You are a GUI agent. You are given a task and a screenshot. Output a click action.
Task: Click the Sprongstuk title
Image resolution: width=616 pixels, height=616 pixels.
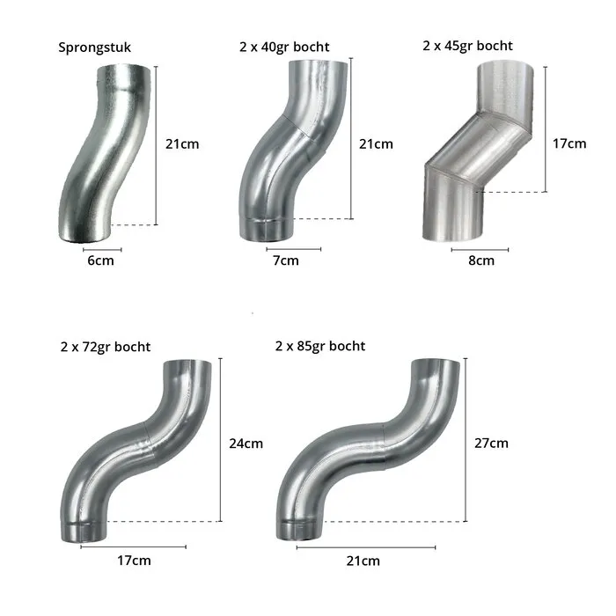click(x=94, y=48)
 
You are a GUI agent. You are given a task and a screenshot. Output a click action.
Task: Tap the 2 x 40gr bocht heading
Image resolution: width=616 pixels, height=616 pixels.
click(x=284, y=47)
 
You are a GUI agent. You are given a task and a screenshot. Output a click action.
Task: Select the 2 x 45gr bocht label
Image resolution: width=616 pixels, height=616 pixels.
click(x=467, y=46)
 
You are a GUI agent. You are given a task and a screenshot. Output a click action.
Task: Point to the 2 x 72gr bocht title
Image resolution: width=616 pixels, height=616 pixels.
click(x=106, y=347)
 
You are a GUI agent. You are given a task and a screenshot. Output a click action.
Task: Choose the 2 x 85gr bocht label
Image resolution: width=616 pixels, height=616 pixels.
click(x=320, y=346)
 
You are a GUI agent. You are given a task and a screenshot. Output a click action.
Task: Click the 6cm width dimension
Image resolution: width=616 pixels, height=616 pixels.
click(x=100, y=260)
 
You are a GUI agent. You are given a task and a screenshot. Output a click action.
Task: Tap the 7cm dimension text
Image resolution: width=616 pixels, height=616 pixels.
click(x=286, y=260)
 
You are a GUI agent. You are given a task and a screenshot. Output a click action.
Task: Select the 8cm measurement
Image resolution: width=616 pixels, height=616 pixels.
click(x=481, y=260)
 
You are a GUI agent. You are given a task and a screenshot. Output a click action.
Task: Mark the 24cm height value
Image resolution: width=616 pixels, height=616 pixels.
click(x=246, y=444)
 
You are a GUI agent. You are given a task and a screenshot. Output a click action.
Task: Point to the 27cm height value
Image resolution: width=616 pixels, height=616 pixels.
click(x=491, y=444)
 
